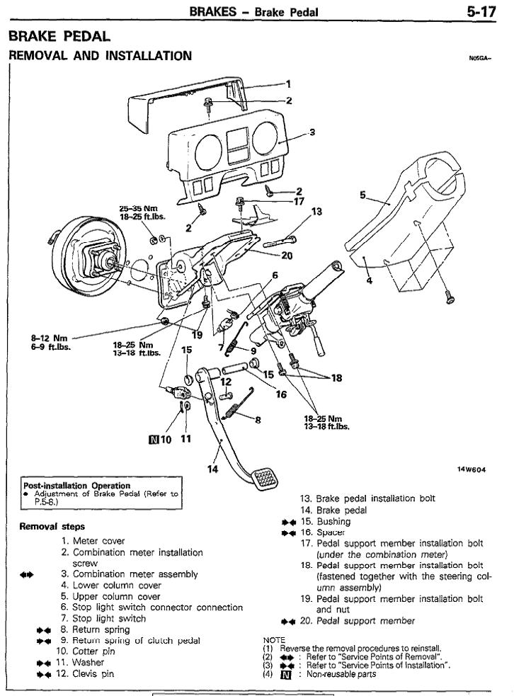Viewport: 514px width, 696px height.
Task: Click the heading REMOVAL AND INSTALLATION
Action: (100, 55)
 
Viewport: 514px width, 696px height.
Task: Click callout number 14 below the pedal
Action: (213, 467)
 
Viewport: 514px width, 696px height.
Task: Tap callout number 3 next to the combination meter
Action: (312, 132)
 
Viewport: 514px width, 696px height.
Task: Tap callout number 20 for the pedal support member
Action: (287, 256)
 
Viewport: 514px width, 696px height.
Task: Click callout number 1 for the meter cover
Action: (287, 83)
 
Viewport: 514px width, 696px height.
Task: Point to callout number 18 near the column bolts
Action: (336, 377)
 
